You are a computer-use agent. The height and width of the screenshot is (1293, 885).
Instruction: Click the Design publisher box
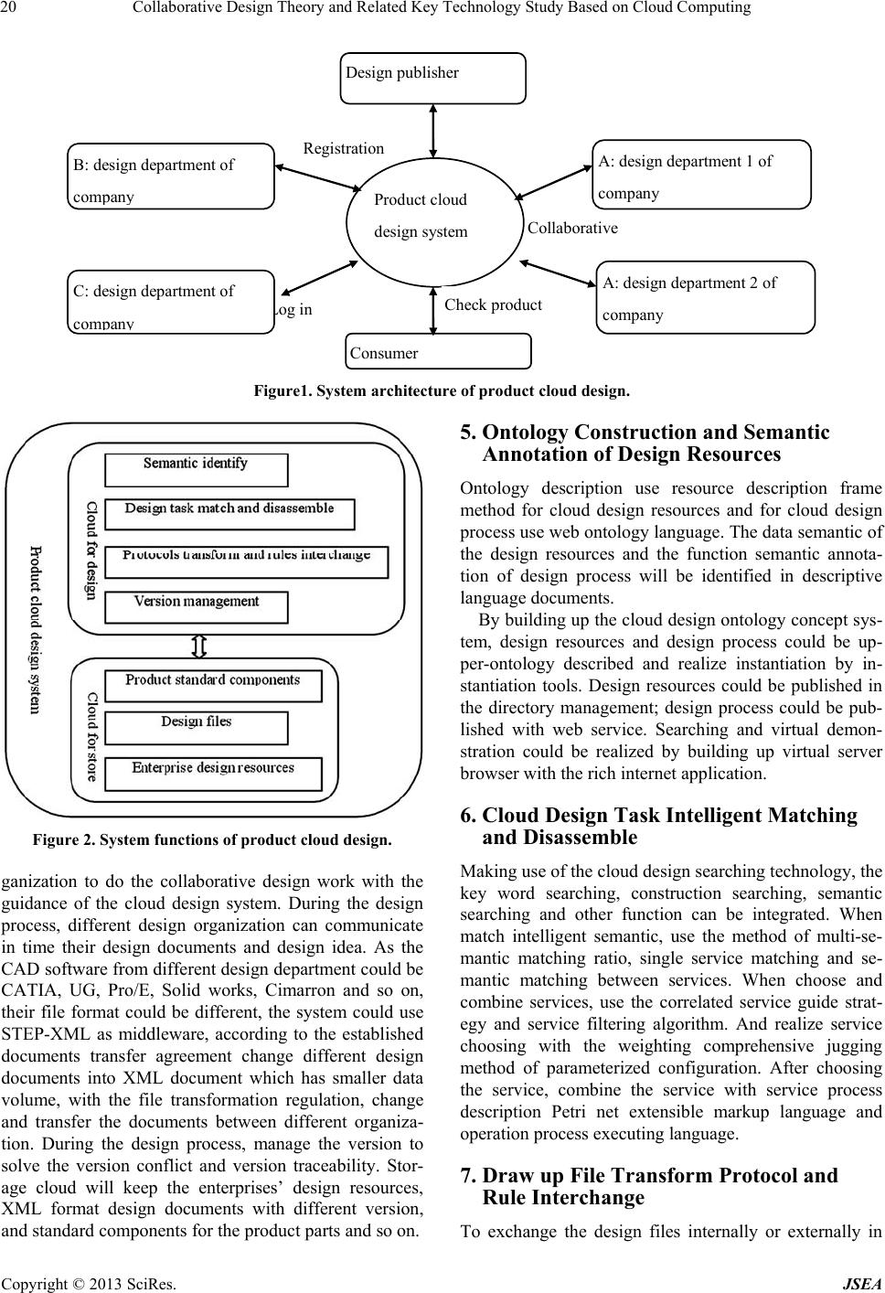(x=433, y=79)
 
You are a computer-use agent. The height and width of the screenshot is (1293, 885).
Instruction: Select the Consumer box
(x=438, y=351)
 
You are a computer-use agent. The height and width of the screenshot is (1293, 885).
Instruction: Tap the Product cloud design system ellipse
(x=433, y=222)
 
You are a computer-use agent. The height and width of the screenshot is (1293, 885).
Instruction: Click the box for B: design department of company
(x=171, y=176)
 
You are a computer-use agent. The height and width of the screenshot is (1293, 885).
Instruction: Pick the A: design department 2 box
(x=706, y=297)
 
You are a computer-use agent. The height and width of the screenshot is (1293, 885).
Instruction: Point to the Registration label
(x=344, y=148)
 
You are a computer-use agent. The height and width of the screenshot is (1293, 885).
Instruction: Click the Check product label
(x=493, y=305)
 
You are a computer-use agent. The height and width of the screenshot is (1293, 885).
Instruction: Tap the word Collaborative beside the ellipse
(x=572, y=228)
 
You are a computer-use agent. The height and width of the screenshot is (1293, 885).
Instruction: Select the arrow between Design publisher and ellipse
(x=433, y=131)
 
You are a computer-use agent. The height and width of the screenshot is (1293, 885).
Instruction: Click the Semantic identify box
(x=197, y=470)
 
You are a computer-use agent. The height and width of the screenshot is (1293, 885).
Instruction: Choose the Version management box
(x=197, y=607)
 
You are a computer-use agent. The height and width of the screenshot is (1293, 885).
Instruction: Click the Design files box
(x=197, y=728)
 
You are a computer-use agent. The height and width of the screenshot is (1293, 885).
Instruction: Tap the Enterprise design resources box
(x=213, y=775)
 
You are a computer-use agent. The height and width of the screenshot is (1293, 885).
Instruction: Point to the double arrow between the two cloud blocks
(x=198, y=646)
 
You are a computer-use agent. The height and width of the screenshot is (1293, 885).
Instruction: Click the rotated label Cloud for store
(x=91, y=737)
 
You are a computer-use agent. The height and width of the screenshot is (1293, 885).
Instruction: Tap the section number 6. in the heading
(x=469, y=815)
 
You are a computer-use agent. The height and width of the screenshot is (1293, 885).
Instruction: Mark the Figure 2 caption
(x=212, y=839)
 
